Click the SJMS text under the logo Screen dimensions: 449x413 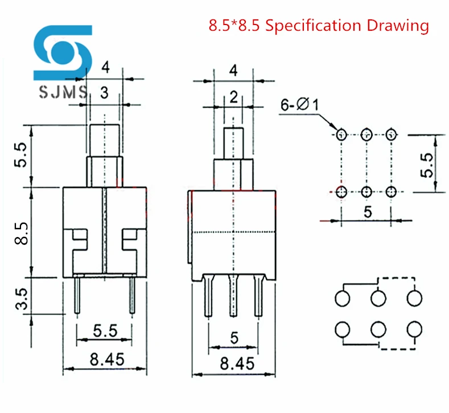63,92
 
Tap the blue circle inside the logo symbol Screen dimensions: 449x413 62,52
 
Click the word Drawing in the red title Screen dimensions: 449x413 398,26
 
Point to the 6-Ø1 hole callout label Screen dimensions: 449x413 299,104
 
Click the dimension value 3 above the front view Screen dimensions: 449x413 104,93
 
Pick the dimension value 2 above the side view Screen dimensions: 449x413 233,97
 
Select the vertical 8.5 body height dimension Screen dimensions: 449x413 21,234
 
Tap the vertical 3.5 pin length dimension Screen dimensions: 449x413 21,299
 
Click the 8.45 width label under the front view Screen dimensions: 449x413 107,359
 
